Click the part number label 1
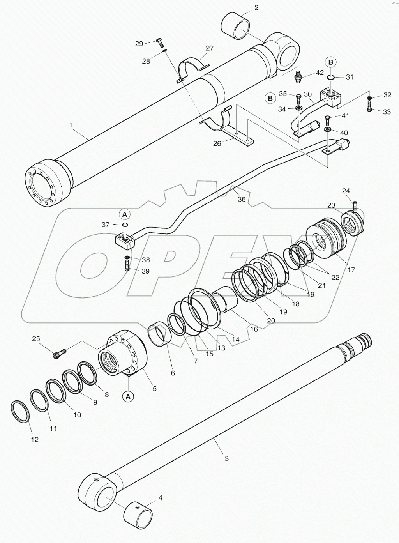[x=71, y=125]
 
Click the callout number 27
[x=210, y=48]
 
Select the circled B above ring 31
[x=330, y=62]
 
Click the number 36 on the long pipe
[x=242, y=199]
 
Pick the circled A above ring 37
[x=124, y=214]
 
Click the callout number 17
[x=351, y=270]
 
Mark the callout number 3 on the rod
[x=227, y=459]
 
